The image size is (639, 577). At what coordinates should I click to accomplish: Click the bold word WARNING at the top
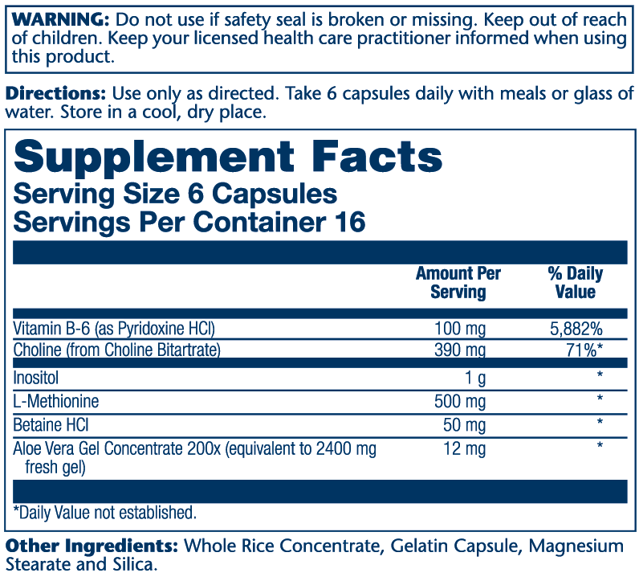(x=57, y=18)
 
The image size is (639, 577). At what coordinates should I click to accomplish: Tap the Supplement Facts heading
(x=228, y=155)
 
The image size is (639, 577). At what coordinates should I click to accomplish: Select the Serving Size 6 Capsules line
(x=176, y=194)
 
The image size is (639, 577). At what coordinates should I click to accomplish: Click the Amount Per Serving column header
(x=458, y=282)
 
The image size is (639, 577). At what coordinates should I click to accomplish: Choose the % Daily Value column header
(x=575, y=282)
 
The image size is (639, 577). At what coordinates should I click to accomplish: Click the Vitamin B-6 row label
(x=114, y=329)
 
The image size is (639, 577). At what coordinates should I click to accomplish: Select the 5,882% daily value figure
(x=575, y=329)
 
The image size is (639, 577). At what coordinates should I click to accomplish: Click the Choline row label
(x=117, y=350)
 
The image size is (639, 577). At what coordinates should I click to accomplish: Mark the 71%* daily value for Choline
(x=584, y=350)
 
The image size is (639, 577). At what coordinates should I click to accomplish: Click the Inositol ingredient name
(x=36, y=377)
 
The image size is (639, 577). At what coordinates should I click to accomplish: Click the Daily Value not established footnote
(x=104, y=513)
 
